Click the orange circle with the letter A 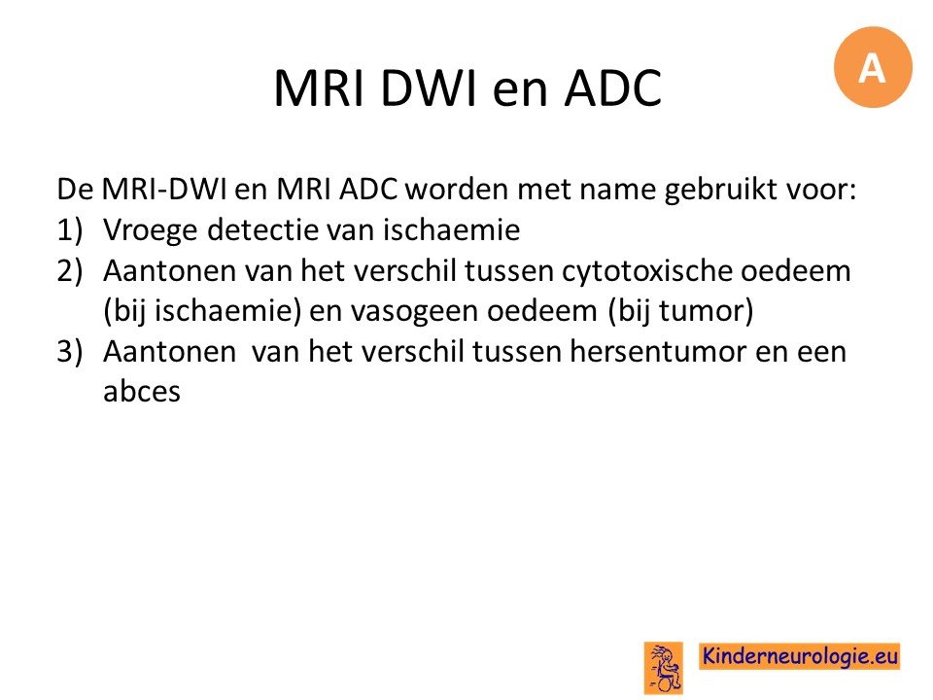[873, 67]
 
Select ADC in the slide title [613, 88]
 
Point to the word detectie [263, 229]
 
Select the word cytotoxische [647, 271]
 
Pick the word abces [142, 391]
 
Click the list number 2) [70, 271]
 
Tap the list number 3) [70, 352]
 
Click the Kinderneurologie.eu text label [799, 656]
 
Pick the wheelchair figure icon [664, 668]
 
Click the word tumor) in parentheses [706, 312]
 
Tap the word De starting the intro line [75, 190]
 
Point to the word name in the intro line [617, 190]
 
